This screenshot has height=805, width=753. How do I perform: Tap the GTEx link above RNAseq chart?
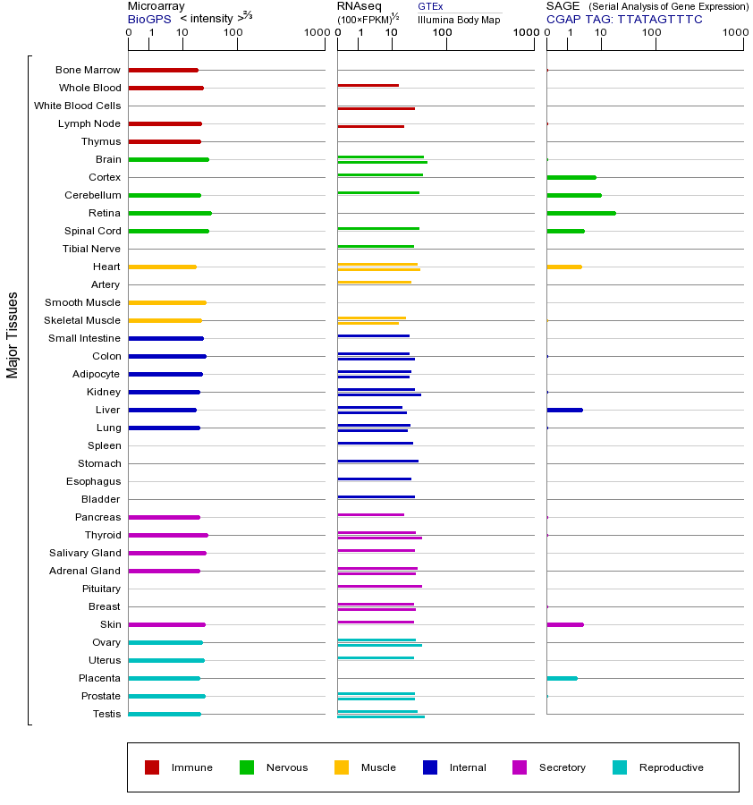pos(430,6)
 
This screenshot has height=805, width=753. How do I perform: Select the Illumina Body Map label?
pos(459,19)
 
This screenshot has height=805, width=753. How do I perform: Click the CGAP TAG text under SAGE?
pos(624,19)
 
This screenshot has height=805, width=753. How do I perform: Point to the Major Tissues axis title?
pos(13,335)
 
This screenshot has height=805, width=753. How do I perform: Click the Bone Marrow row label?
pos(88,70)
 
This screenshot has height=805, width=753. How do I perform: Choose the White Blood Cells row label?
pos(77,106)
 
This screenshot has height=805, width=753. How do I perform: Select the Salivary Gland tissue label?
pos(85,553)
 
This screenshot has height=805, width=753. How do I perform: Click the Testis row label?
pos(106,714)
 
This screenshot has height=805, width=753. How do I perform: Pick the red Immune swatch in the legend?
pos(152,767)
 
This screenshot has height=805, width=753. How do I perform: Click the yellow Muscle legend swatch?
pos(342,767)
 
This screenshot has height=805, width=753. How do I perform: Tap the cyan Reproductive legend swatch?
pos(620,767)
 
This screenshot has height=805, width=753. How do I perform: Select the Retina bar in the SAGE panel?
pos(581,213)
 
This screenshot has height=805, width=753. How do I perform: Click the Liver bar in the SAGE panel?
pos(564,410)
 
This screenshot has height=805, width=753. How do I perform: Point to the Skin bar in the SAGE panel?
pos(565,624)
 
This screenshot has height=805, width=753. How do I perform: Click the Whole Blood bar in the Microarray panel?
pos(166,88)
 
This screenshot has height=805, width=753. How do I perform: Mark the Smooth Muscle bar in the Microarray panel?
pos(167,302)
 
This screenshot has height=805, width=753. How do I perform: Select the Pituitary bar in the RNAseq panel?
pos(379,586)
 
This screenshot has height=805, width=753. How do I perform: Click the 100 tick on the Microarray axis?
pos(233,33)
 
